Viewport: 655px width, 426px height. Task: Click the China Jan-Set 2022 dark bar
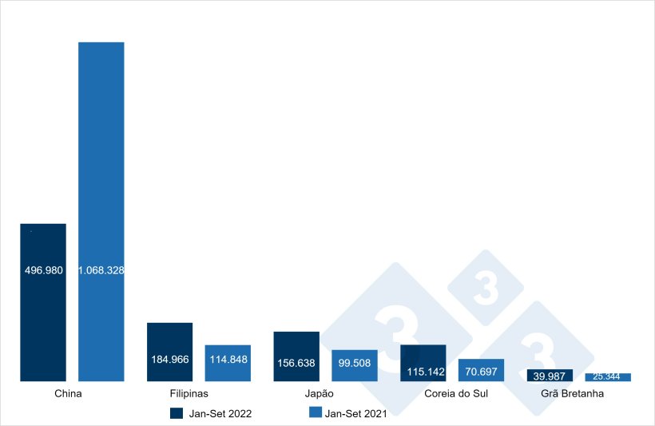click(43, 320)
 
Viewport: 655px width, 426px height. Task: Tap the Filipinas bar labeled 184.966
click(169, 352)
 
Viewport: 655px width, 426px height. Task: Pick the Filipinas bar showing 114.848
click(228, 363)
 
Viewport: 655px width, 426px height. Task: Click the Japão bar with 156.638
click(296, 356)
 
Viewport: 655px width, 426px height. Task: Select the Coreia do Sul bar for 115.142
click(423, 363)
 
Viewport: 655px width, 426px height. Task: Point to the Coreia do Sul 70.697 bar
click(481, 369)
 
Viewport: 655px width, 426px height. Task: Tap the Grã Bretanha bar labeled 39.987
click(550, 376)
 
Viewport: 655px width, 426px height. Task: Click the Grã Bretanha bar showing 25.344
click(608, 377)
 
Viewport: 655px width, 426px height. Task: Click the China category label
click(68, 394)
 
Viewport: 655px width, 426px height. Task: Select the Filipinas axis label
click(189, 394)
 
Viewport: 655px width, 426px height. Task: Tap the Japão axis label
click(319, 394)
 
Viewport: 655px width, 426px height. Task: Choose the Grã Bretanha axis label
click(572, 394)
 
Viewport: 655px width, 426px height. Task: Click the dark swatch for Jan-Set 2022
click(177, 413)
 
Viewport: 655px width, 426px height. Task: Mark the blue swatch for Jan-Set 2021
click(315, 413)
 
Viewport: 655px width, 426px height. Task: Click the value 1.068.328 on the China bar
click(101, 271)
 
